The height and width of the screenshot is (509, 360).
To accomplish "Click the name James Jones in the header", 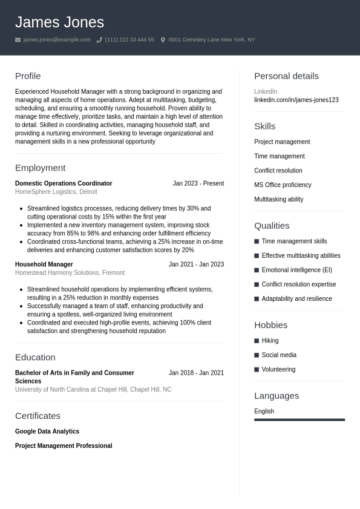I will click(59, 22).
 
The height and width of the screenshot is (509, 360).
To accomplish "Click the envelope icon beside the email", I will click(18, 40).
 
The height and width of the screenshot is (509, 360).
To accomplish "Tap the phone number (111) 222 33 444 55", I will click(129, 40).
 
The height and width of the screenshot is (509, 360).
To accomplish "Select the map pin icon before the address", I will click(163, 40).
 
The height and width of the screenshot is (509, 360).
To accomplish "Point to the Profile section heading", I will click(28, 76).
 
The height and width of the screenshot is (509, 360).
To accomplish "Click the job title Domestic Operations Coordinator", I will click(64, 183).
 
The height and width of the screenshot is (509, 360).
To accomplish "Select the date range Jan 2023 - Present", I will click(198, 183).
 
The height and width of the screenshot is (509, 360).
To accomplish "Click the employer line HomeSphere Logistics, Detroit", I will click(56, 192).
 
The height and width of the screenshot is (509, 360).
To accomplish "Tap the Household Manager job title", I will click(44, 264).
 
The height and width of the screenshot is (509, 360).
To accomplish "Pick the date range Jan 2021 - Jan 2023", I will click(196, 264).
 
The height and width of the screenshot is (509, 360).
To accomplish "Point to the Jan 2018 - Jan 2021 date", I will click(196, 373).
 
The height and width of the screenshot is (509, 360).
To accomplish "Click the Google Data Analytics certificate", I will click(47, 432).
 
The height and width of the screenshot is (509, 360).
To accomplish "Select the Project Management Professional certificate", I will click(64, 446).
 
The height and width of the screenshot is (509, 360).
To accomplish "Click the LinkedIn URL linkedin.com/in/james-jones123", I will click(296, 100).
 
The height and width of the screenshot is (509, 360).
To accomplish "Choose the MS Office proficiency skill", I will click(283, 185).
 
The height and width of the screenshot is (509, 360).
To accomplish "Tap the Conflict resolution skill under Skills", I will click(278, 171).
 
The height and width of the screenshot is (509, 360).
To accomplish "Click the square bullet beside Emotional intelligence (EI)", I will click(257, 270).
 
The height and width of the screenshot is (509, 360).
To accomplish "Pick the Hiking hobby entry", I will click(270, 341).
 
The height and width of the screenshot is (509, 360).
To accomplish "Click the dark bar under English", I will click(299, 419).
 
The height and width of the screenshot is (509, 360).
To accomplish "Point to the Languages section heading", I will click(277, 396).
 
